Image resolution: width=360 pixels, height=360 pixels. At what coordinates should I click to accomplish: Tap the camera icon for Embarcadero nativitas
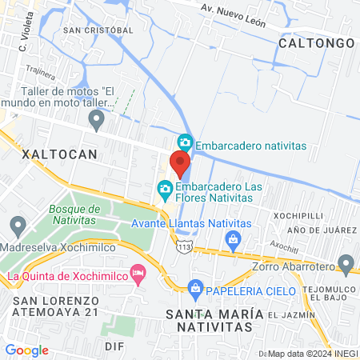pos(186,142)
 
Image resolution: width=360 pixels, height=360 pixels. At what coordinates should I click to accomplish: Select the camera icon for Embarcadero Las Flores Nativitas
pos(165,190)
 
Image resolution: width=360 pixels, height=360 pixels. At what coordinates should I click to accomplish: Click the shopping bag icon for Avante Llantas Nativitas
pos(233,238)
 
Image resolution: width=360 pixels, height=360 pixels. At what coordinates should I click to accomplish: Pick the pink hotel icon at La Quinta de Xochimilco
pos(138,274)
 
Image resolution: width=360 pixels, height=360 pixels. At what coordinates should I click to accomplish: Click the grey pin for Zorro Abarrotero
pos(346,262)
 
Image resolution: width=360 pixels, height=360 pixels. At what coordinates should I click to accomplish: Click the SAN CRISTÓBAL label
pos(98,30)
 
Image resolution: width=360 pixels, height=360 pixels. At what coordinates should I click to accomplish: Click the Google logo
pos(27,350)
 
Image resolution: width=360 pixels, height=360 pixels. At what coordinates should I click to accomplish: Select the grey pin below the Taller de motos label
pos(97,122)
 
